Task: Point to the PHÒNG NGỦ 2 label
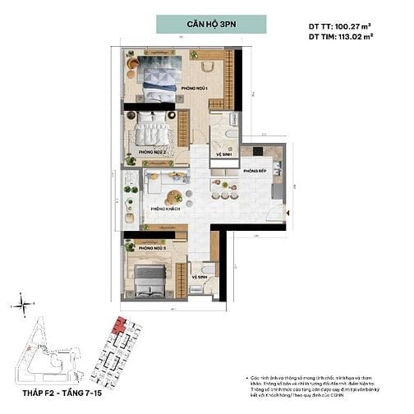tap(153, 152)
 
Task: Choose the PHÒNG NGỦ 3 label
tap(153, 247)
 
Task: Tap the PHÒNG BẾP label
tap(254, 171)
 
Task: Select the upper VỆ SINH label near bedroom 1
tap(223, 154)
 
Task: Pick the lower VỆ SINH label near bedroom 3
tap(199, 277)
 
